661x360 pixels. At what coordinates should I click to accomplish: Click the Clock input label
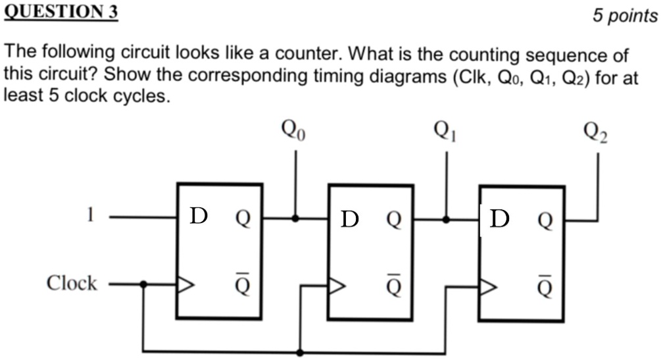point(71,284)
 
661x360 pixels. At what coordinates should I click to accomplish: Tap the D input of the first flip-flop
point(198,216)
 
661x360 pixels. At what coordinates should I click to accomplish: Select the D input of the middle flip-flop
point(349,219)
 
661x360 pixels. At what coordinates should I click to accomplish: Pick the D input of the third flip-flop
point(500,218)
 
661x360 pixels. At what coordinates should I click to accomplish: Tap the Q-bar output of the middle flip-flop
point(393,285)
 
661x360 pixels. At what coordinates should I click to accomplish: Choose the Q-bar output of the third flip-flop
point(545,285)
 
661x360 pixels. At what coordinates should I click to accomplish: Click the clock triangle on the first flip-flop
point(186,284)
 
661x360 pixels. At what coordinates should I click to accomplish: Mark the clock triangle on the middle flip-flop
point(337,286)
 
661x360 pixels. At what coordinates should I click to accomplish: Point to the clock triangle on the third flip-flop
point(489,286)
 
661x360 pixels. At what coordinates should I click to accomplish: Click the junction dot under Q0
point(295,218)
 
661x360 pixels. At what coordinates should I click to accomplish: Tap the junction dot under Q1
point(447,219)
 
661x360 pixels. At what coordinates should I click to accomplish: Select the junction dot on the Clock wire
point(143,284)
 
